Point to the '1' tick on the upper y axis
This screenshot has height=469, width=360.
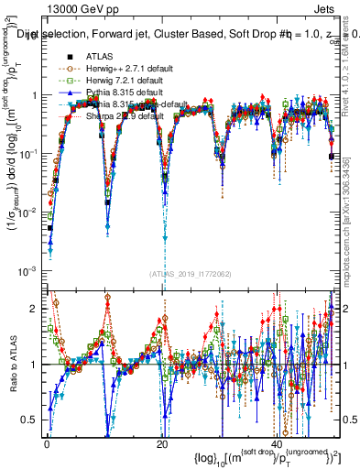34,95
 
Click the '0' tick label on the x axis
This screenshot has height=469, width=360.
47,442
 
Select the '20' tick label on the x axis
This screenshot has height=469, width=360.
161,442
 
